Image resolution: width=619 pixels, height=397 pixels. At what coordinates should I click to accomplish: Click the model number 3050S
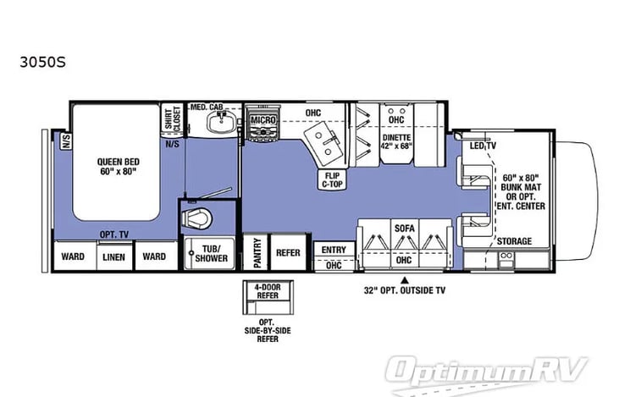(x=42, y=62)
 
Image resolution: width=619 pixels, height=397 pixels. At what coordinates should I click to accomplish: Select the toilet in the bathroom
(x=196, y=218)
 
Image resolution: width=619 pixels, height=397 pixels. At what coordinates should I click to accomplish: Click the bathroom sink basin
(x=222, y=122)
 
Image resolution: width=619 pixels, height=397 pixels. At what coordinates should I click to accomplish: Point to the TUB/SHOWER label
(x=211, y=254)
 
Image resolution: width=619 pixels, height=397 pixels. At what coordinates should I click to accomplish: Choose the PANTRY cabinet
(x=256, y=252)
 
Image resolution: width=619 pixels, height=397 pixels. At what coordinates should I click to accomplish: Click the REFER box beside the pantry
(x=288, y=252)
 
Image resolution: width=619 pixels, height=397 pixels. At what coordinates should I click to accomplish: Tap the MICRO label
(x=263, y=120)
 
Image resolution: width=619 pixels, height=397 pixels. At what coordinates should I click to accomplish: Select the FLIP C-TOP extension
(x=333, y=179)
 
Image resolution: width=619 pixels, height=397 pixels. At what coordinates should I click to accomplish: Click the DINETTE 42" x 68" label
(x=397, y=141)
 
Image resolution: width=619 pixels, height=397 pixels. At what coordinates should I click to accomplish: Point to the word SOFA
(x=405, y=228)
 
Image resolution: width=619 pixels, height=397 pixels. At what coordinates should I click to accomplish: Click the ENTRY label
(x=334, y=250)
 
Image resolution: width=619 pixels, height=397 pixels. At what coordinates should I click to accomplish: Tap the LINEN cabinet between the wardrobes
(x=114, y=256)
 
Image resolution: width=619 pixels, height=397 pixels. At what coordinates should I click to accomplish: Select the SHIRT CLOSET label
(x=173, y=118)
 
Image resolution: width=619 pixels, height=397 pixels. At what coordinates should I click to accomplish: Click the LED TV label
(x=483, y=146)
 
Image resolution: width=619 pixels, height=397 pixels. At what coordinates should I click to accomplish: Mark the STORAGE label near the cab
(x=514, y=240)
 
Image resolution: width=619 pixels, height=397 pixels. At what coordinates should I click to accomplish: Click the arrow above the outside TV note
(x=405, y=280)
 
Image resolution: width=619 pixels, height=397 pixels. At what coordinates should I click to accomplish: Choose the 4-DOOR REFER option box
(x=268, y=297)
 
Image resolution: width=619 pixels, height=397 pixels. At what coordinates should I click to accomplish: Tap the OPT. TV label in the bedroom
(x=114, y=234)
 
